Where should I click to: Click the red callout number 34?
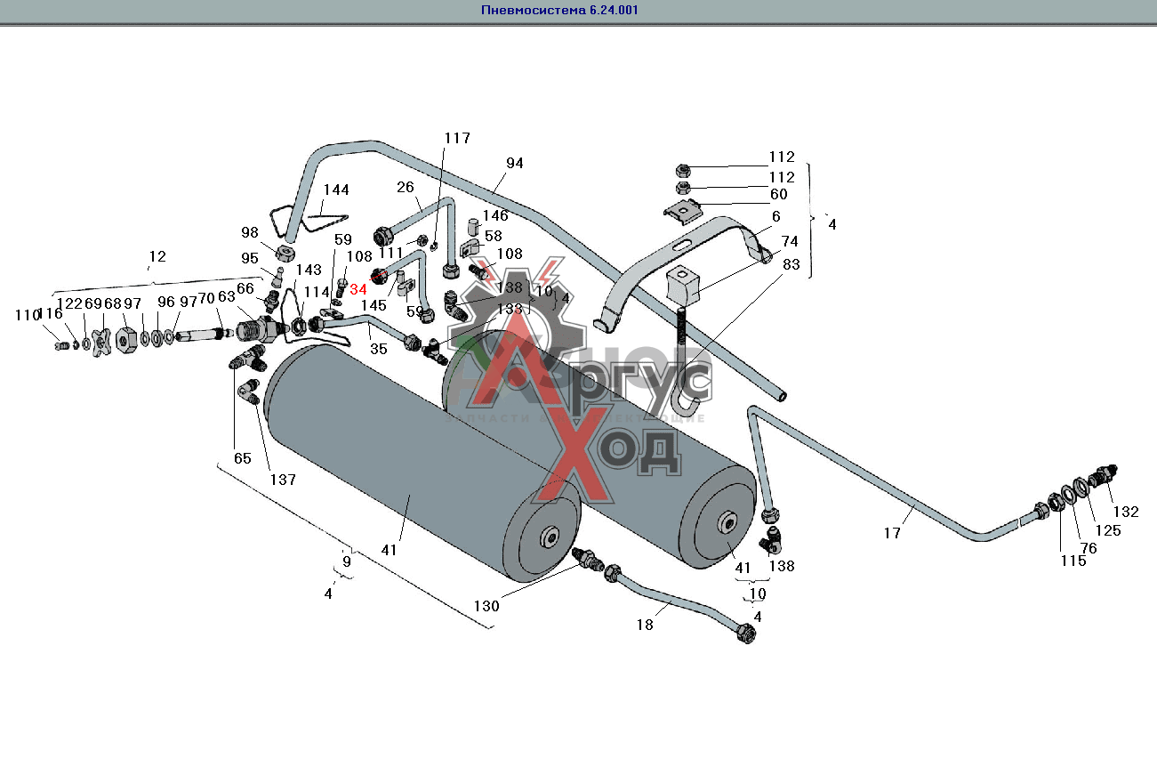[358, 289]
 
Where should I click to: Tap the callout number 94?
[515, 163]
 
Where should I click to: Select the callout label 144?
[336, 190]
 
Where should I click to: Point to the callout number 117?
[457, 138]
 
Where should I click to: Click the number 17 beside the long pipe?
[892, 533]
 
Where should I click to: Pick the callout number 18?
[645, 625]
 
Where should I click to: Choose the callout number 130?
[486, 606]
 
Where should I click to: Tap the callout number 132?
[1126, 512]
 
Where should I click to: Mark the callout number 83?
[791, 263]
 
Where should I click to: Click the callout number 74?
[790, 241]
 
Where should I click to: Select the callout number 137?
[283, 480]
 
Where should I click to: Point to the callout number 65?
[243, 459]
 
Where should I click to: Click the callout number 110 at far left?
[28, 314]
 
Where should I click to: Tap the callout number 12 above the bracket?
[157, 256]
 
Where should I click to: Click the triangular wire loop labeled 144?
[302, 218]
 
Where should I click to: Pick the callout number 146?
[495, 215]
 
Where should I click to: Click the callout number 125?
[1108, 530]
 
